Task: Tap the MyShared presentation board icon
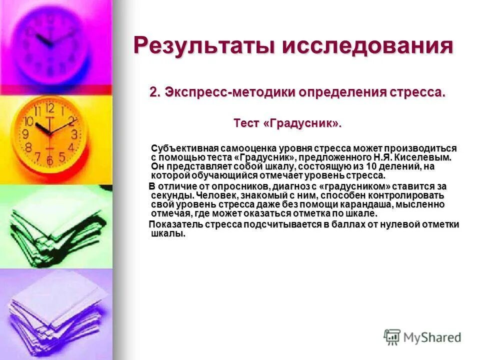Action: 392,336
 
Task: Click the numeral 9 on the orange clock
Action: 25,134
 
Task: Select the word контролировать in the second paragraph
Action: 405,195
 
